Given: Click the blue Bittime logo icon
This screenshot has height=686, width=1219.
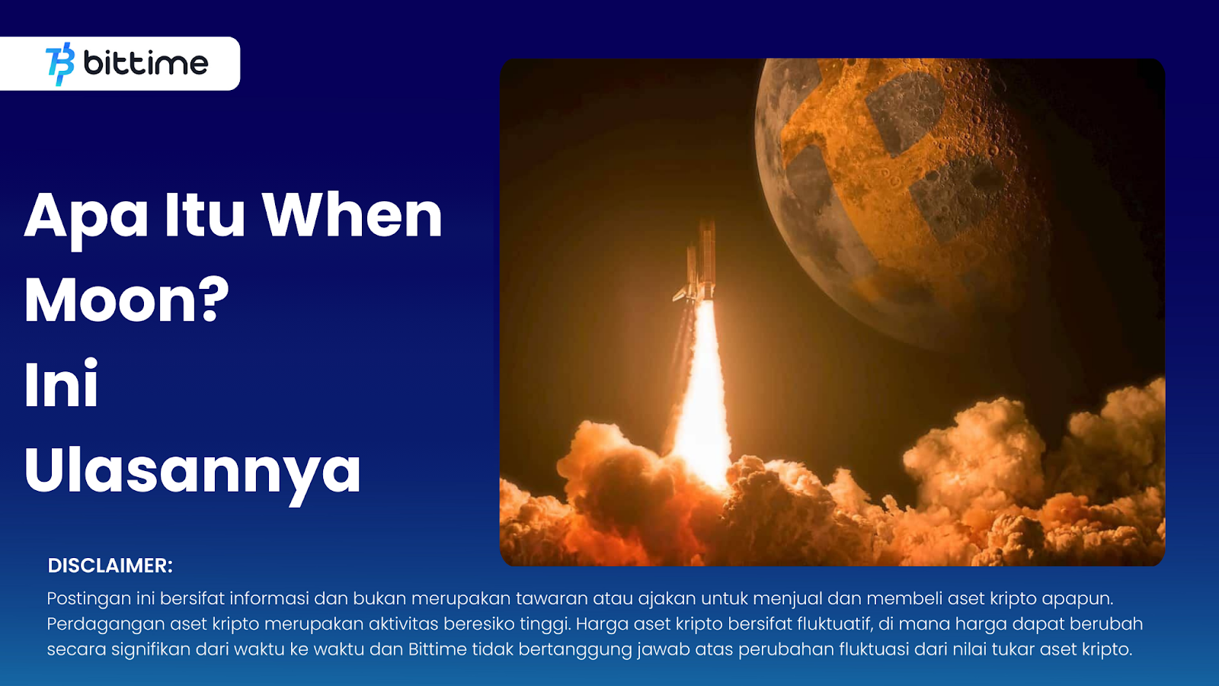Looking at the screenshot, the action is (x=60, y=64).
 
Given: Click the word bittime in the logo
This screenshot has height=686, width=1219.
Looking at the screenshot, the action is (x=146, y=63).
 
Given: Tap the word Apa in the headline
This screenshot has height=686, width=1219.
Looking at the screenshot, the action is (x=86, y=216).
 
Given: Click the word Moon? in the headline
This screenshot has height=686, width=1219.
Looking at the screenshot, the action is (x=126, y=300).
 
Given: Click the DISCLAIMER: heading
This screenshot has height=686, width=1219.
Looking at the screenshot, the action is (x=110, y=566).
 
